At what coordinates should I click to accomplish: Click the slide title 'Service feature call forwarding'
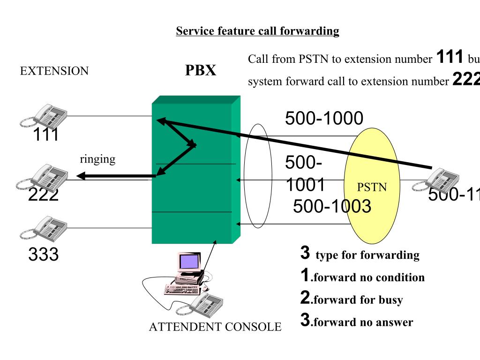(257, 31)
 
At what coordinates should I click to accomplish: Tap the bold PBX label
(201, 70)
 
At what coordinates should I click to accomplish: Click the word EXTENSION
(54, 71)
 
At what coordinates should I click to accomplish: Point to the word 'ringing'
(97, 159)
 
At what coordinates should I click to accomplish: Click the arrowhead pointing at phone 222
(81, 176)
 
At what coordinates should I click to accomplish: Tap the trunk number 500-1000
(324, 119)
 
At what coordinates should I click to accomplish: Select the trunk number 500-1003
(332, 206)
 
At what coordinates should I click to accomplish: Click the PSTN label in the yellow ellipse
(372, 187)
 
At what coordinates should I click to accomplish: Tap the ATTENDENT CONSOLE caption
(215, 327)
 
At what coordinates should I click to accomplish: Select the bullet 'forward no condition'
(367, 277)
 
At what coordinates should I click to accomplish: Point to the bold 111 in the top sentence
(450, 57)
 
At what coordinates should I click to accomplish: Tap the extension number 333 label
(43, 255)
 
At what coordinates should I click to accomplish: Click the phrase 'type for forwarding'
(367, 255)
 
